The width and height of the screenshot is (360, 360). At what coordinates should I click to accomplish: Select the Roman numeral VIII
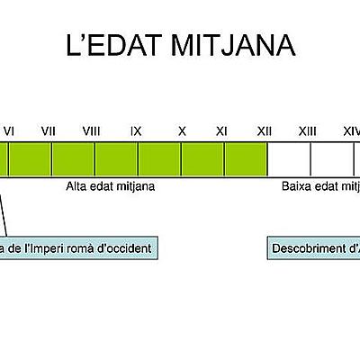coord(91,131)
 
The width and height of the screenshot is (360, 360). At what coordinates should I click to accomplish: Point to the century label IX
coord(136,131)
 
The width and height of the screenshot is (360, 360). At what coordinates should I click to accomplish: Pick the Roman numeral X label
coord(182,131)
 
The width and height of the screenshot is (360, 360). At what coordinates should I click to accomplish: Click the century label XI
coord(221,131)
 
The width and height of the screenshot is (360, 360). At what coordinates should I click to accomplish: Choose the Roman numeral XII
coord(265,131)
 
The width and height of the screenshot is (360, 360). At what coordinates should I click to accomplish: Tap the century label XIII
coord(307,131)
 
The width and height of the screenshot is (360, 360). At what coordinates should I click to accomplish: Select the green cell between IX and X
coord(159,158)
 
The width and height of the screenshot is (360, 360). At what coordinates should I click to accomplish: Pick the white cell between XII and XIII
coord(289,158)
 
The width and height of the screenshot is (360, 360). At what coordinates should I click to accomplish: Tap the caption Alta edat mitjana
coord(111,188)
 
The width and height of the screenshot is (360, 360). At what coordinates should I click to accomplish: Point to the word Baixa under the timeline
coord(298,188)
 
